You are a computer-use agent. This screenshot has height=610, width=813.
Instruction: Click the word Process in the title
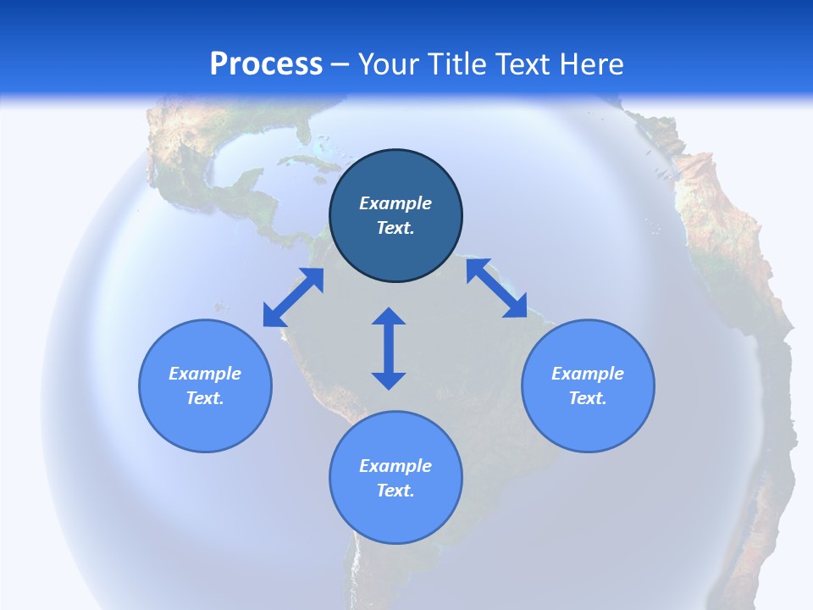(x=266, y=64)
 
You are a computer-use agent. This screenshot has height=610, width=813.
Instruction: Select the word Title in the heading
(x=456, y=64)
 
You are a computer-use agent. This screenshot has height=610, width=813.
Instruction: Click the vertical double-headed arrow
(x=389, y=348)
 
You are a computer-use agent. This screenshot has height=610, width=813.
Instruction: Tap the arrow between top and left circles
(x=293, y=297)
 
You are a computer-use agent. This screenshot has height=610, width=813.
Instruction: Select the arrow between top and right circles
(x=497, y=289)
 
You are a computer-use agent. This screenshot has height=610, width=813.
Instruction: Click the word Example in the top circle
(x=395, y=203)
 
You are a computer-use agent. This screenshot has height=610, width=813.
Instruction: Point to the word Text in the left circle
(x=205, y=398)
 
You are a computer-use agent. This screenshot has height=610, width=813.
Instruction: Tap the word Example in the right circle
(x=588, y=374)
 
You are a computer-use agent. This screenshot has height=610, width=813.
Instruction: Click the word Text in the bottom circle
(x=395, y=491)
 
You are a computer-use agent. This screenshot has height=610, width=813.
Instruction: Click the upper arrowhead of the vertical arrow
(x=389, y=318)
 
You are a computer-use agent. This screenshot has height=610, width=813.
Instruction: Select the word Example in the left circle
(x=205, y=374)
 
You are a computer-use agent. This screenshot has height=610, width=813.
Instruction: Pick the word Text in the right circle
(x=588, y=398)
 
